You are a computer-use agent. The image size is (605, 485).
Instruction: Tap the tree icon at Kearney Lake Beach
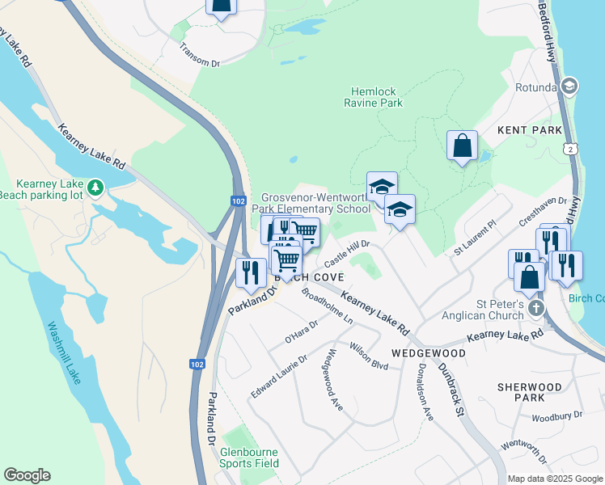pos(95,188)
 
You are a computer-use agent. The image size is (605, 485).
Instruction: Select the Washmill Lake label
pos(64,353)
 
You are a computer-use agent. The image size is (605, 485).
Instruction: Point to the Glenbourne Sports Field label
pos(249,458)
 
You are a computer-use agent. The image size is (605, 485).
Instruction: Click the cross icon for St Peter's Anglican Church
pos(535,309)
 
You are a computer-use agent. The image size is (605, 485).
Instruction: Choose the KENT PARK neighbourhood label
pos(529,129)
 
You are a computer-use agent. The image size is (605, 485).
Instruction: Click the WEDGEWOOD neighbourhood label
pos(428,353)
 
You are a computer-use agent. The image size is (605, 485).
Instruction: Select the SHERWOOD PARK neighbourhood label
pos(530,393)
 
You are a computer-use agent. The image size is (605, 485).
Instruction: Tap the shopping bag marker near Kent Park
pos(462,146)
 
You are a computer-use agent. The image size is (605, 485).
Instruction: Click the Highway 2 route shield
pos(573,150)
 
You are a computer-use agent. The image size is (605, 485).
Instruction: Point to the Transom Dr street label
pos(200,56)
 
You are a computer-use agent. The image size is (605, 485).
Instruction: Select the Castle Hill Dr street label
pos(347,253)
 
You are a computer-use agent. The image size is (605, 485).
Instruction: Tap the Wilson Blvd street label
pos(370,356)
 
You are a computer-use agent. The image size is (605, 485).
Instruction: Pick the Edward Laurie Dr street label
pos(279,376)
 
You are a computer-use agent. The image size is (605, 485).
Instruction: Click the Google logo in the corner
pos(27,475)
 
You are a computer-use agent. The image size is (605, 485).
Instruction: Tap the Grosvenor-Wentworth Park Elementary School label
pos(315,204)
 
